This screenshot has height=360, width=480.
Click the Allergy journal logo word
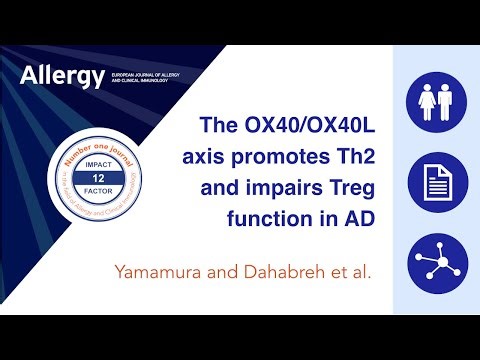(x=61, y=77)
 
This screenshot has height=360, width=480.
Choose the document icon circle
(x=436, y=181)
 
